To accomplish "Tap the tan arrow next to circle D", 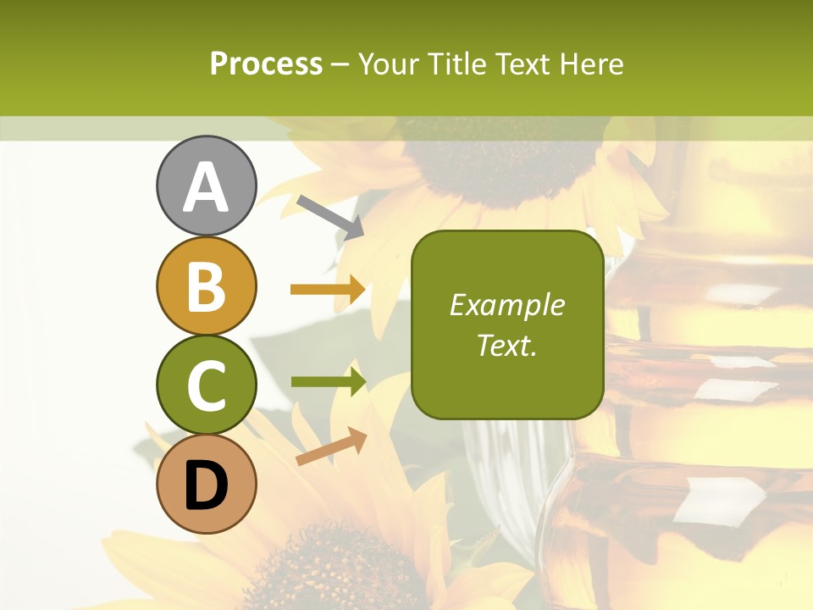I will (331, 446).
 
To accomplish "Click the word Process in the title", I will (266, 64).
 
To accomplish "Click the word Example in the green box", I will (506, 305).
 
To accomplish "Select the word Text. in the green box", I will (506, 345).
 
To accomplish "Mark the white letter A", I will (207, 188).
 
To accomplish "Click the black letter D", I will (207, 485).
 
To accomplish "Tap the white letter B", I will (207, 287).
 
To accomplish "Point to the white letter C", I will (207, 386).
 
